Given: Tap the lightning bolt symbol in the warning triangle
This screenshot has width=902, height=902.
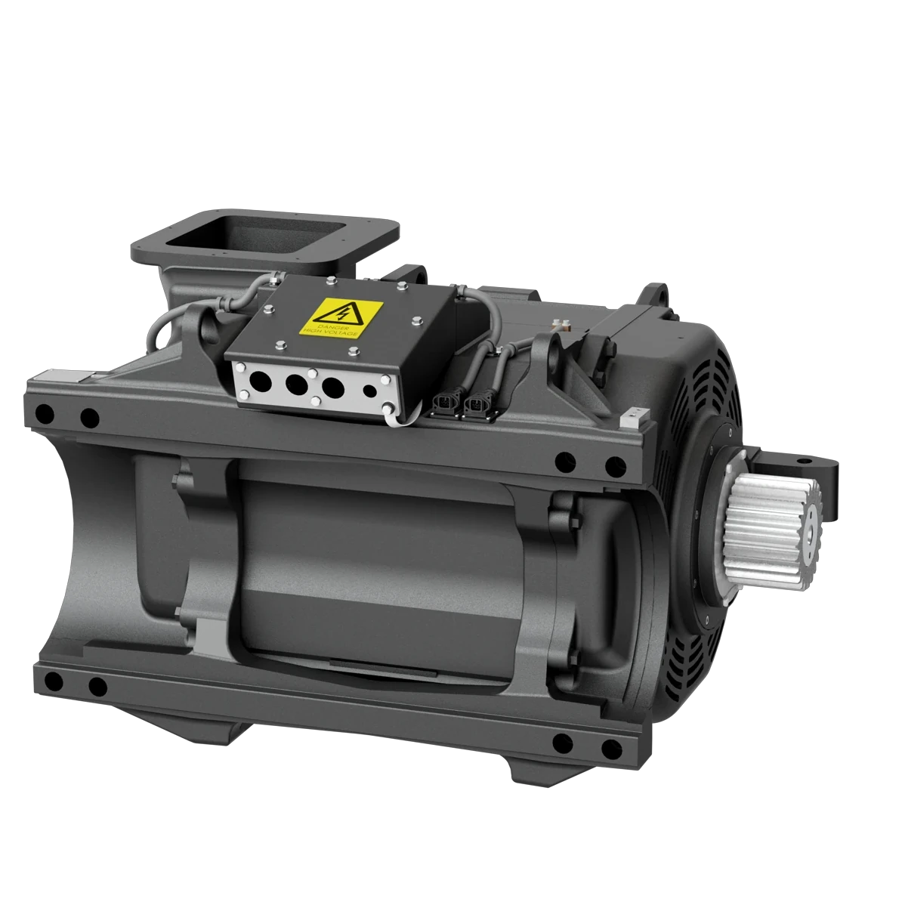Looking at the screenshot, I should coord(333,311).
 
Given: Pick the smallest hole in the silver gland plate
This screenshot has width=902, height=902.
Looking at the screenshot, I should coord(369,391).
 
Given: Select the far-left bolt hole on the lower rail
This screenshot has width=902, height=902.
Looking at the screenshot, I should coord(51,682).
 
